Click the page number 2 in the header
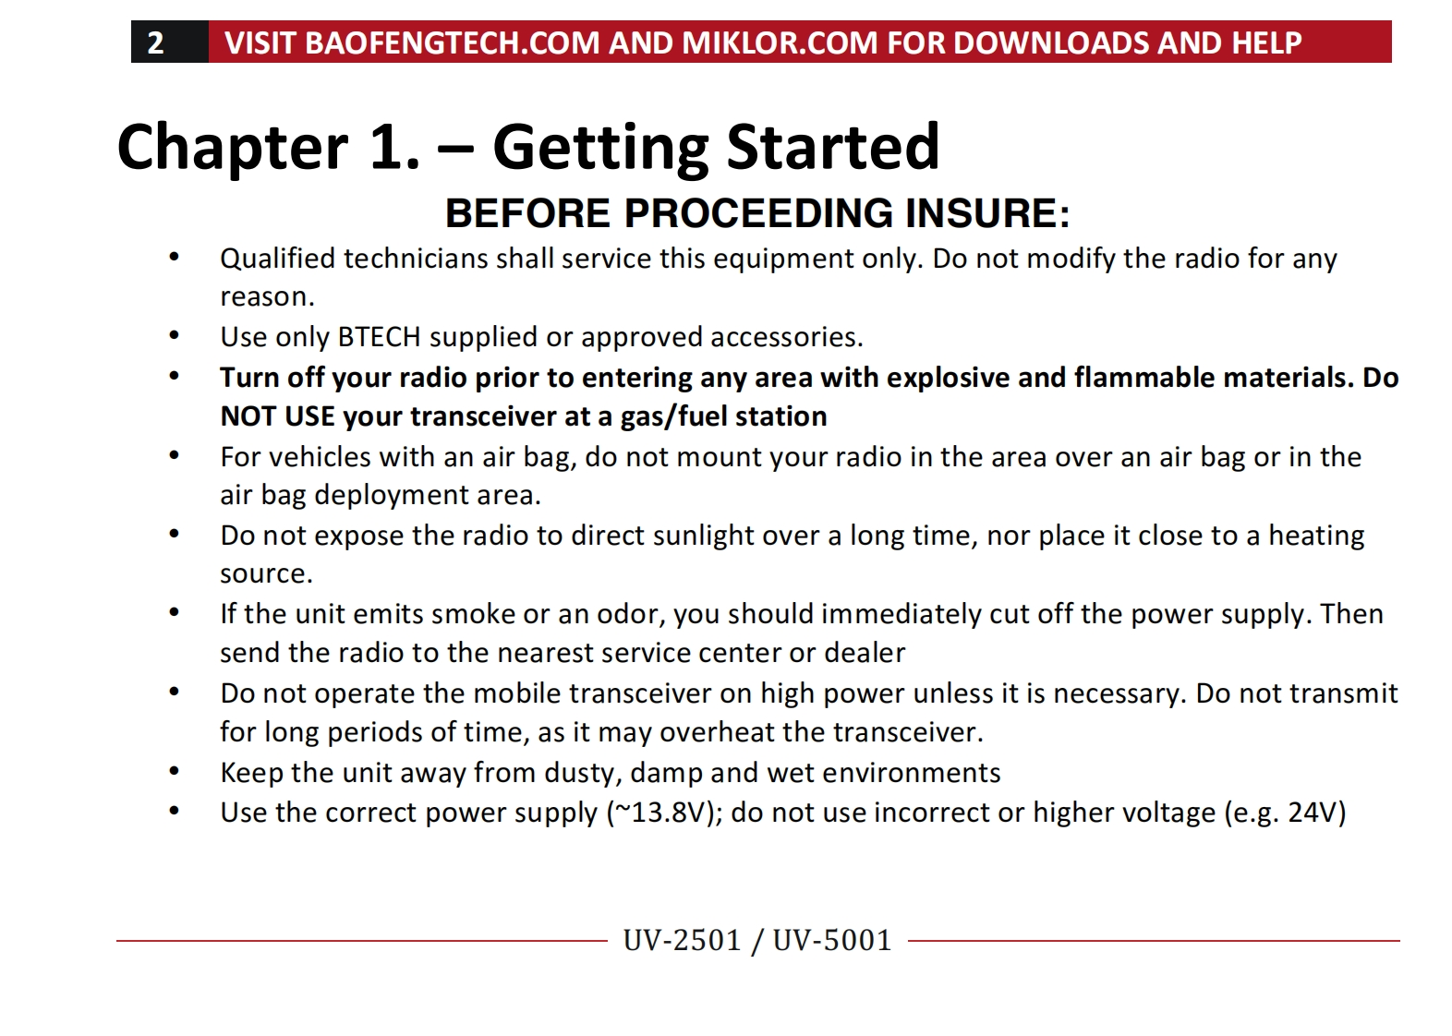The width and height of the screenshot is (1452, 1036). tap(155, 42)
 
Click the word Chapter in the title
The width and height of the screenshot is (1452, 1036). tap(233, 148)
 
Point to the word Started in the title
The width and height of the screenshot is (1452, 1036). tap(832, 147)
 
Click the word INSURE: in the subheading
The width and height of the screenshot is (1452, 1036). tap(987, 213)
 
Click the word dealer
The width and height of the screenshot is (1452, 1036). tap(865, 653)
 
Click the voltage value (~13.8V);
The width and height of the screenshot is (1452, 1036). tap(665, 813)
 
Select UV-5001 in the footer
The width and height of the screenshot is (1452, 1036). tap(832, 942)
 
